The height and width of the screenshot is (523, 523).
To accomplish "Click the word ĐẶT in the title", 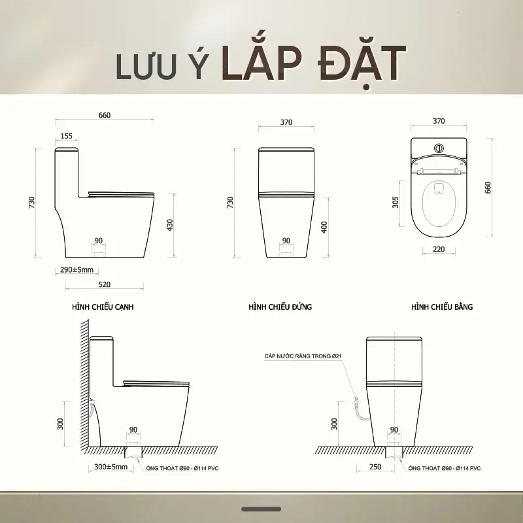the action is coord(362,65).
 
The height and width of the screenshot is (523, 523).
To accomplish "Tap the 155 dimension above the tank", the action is coord(67,136).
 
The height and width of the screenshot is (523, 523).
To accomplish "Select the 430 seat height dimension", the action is coord(170,225).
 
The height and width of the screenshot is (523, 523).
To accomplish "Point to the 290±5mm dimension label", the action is coord(76,269).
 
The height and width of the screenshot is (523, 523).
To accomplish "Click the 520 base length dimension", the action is coord(105,284).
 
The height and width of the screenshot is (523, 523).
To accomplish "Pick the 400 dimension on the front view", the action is coord(324,227).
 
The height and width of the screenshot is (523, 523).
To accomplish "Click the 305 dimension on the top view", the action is coord(396,202).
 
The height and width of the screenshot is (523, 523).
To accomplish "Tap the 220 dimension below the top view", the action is coord(439,249).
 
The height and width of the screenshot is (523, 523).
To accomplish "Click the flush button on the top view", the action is coord(439,148).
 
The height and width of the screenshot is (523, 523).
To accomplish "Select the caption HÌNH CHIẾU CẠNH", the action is coord(103,307).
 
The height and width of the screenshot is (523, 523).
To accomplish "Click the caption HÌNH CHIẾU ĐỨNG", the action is coord(280,307).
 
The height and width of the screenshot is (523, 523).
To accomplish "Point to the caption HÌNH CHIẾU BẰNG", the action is coord(442,307).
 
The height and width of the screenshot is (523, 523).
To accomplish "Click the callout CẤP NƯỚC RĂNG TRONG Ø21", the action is coord(303,356).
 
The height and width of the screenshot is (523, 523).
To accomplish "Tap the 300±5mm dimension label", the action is coord(110,467).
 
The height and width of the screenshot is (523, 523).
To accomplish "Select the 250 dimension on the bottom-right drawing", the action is coord(375,467).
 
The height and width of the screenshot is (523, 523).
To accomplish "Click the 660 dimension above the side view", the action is coord(105,115).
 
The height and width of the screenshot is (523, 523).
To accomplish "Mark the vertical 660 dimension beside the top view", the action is coord(488,188).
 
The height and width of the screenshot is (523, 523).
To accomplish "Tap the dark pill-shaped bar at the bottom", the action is coord(261,509).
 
